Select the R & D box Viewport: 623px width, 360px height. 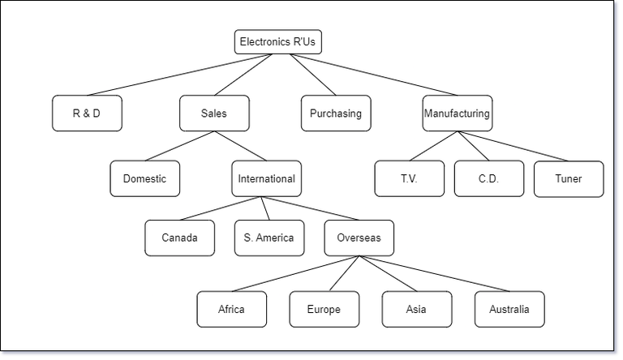87,114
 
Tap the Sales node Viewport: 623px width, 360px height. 214,114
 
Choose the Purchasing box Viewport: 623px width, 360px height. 335,114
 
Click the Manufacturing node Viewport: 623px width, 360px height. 457,114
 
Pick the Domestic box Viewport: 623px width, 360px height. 144,178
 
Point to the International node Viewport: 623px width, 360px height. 266,178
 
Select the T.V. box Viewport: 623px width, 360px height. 409,178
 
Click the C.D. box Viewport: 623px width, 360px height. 488,178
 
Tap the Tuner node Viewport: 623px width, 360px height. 569,178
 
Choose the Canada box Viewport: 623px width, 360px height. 179,238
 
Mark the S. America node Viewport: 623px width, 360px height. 269,238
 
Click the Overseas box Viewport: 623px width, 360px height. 359,238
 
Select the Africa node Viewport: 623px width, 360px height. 231,309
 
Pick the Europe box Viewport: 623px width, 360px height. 324,309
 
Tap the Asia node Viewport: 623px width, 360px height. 416,309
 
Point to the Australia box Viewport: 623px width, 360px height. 509,309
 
